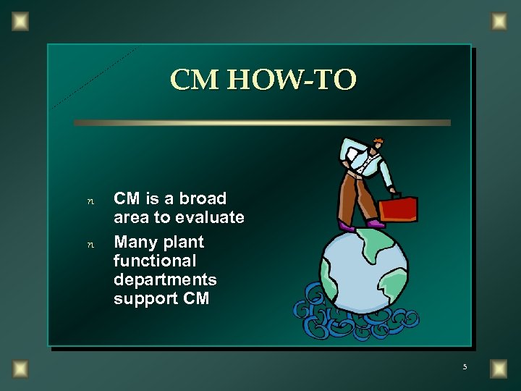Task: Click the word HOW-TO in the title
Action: click(293, 80)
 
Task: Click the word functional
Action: click(155, 261)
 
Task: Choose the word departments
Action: click(165, 279)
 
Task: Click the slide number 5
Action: click(465, 367)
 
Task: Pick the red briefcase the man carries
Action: click(398, 209)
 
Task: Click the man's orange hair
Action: click(376, 140)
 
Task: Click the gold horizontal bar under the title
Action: click(262, 123)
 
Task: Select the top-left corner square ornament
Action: click(21, 21)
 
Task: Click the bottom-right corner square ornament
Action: click(499, 369)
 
